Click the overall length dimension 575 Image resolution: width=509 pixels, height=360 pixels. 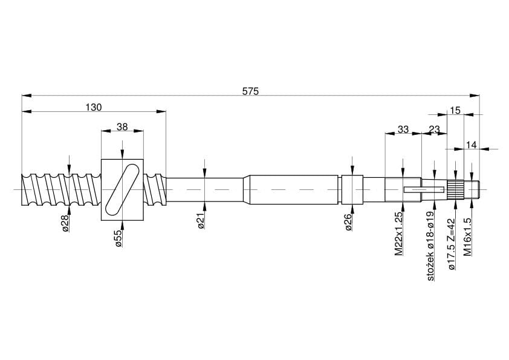[x=250, y=91]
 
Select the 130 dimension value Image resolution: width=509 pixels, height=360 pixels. [x=94, y=107]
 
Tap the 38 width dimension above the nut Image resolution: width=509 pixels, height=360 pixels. [x=122, y=126]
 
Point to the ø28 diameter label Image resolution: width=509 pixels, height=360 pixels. [x=65, y=223]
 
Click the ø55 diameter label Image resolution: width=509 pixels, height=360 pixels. [x=119, y=238]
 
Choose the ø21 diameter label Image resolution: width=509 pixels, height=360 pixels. [x=201, y=221]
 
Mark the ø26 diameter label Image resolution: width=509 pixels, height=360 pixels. [x=349, y=222]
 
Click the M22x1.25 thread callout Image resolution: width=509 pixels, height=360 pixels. [x=398, y=234]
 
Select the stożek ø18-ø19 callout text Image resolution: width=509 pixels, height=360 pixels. [x=430, y=246]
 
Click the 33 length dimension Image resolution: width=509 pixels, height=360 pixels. [x=403, y=129]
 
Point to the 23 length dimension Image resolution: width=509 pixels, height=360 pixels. [x=434, y=129]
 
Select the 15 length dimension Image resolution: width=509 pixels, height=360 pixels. [x=455, y=111]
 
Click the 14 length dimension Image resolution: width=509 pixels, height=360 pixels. [x=471, y=145]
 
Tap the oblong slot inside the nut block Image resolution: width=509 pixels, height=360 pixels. [x=122, y=190]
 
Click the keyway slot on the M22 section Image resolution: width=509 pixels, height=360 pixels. [x=424, y=190]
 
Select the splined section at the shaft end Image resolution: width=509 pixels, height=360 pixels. [x=455, y=190]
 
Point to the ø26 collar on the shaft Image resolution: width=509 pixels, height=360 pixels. [x=352, y=190]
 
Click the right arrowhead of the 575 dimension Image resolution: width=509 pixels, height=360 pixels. [x=479, y=96]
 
